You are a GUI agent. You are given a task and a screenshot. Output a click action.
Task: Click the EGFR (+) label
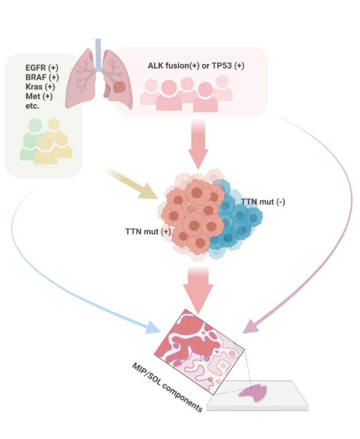pos(41,68)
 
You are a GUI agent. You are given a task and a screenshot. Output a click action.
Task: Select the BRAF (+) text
pos(41,77)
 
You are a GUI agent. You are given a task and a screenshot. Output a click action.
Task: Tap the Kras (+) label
pos(40,87)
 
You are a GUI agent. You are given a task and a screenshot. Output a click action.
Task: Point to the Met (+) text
pos(39,96)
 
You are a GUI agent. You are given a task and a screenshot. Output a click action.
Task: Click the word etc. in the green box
pos(32,106)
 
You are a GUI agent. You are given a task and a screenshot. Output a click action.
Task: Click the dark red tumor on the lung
pos(119,88)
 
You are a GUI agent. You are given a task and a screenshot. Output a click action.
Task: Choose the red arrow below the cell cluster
pos(198,288)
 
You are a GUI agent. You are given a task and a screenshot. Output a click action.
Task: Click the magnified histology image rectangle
pos(199,350)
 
